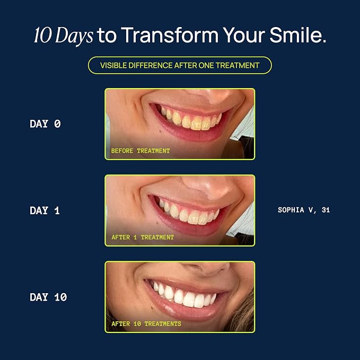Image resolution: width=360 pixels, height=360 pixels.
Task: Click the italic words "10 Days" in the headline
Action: [64, 36]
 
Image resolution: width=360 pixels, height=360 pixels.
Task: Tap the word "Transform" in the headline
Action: [170, 35]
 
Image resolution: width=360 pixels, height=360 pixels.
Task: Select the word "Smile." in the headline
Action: [298, 35]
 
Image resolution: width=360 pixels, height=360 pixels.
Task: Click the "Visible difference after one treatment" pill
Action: [180, 65]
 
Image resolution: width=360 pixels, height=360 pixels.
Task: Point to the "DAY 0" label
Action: [45, 124]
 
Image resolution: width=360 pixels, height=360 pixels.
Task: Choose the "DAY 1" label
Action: [45, 210]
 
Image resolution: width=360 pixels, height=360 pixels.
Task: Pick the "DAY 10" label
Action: [48, 297]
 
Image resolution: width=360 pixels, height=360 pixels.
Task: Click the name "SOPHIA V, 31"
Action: [304, 210]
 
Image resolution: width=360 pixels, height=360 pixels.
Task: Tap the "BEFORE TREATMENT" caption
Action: [141, 151]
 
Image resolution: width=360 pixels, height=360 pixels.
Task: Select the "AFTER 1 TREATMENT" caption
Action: [143, 237]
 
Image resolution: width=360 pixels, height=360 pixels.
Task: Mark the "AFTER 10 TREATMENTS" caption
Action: [146, 324]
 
